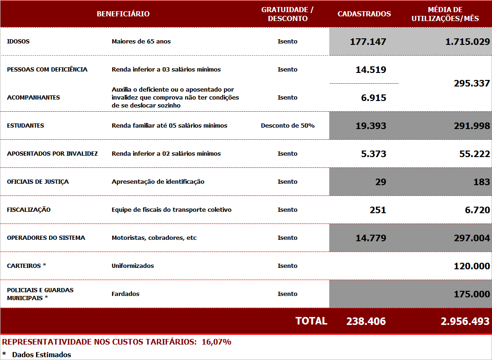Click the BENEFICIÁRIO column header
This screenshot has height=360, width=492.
(123, 14)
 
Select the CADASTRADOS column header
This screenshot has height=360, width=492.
(364, 14)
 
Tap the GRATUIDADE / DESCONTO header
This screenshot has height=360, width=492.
(287, 14)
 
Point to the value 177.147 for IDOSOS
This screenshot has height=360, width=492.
(368, 42)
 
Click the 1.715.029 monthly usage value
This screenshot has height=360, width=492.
(467, 42)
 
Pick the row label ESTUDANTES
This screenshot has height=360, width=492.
(26, 126)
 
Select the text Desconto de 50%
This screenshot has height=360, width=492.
(288, 126)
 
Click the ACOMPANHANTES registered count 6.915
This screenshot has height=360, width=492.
(374, 98)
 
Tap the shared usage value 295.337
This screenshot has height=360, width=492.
(471, 84)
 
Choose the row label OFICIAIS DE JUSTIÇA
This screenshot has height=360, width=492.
(38, 182)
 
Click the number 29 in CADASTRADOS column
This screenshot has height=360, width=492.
(381, 182)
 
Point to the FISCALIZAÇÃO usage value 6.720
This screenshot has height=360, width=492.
(477, 210)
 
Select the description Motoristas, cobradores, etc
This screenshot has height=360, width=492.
(154, 238)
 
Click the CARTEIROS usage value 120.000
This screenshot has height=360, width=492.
(471, 266)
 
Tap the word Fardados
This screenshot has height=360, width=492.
(125, 294)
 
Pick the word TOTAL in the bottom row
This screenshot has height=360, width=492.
(311, 321)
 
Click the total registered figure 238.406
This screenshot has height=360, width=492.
(366, 322)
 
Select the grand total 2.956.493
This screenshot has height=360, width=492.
(465, 322)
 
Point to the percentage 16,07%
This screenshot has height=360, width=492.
(217, 342)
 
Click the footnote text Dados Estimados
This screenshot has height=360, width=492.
(42, 355)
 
